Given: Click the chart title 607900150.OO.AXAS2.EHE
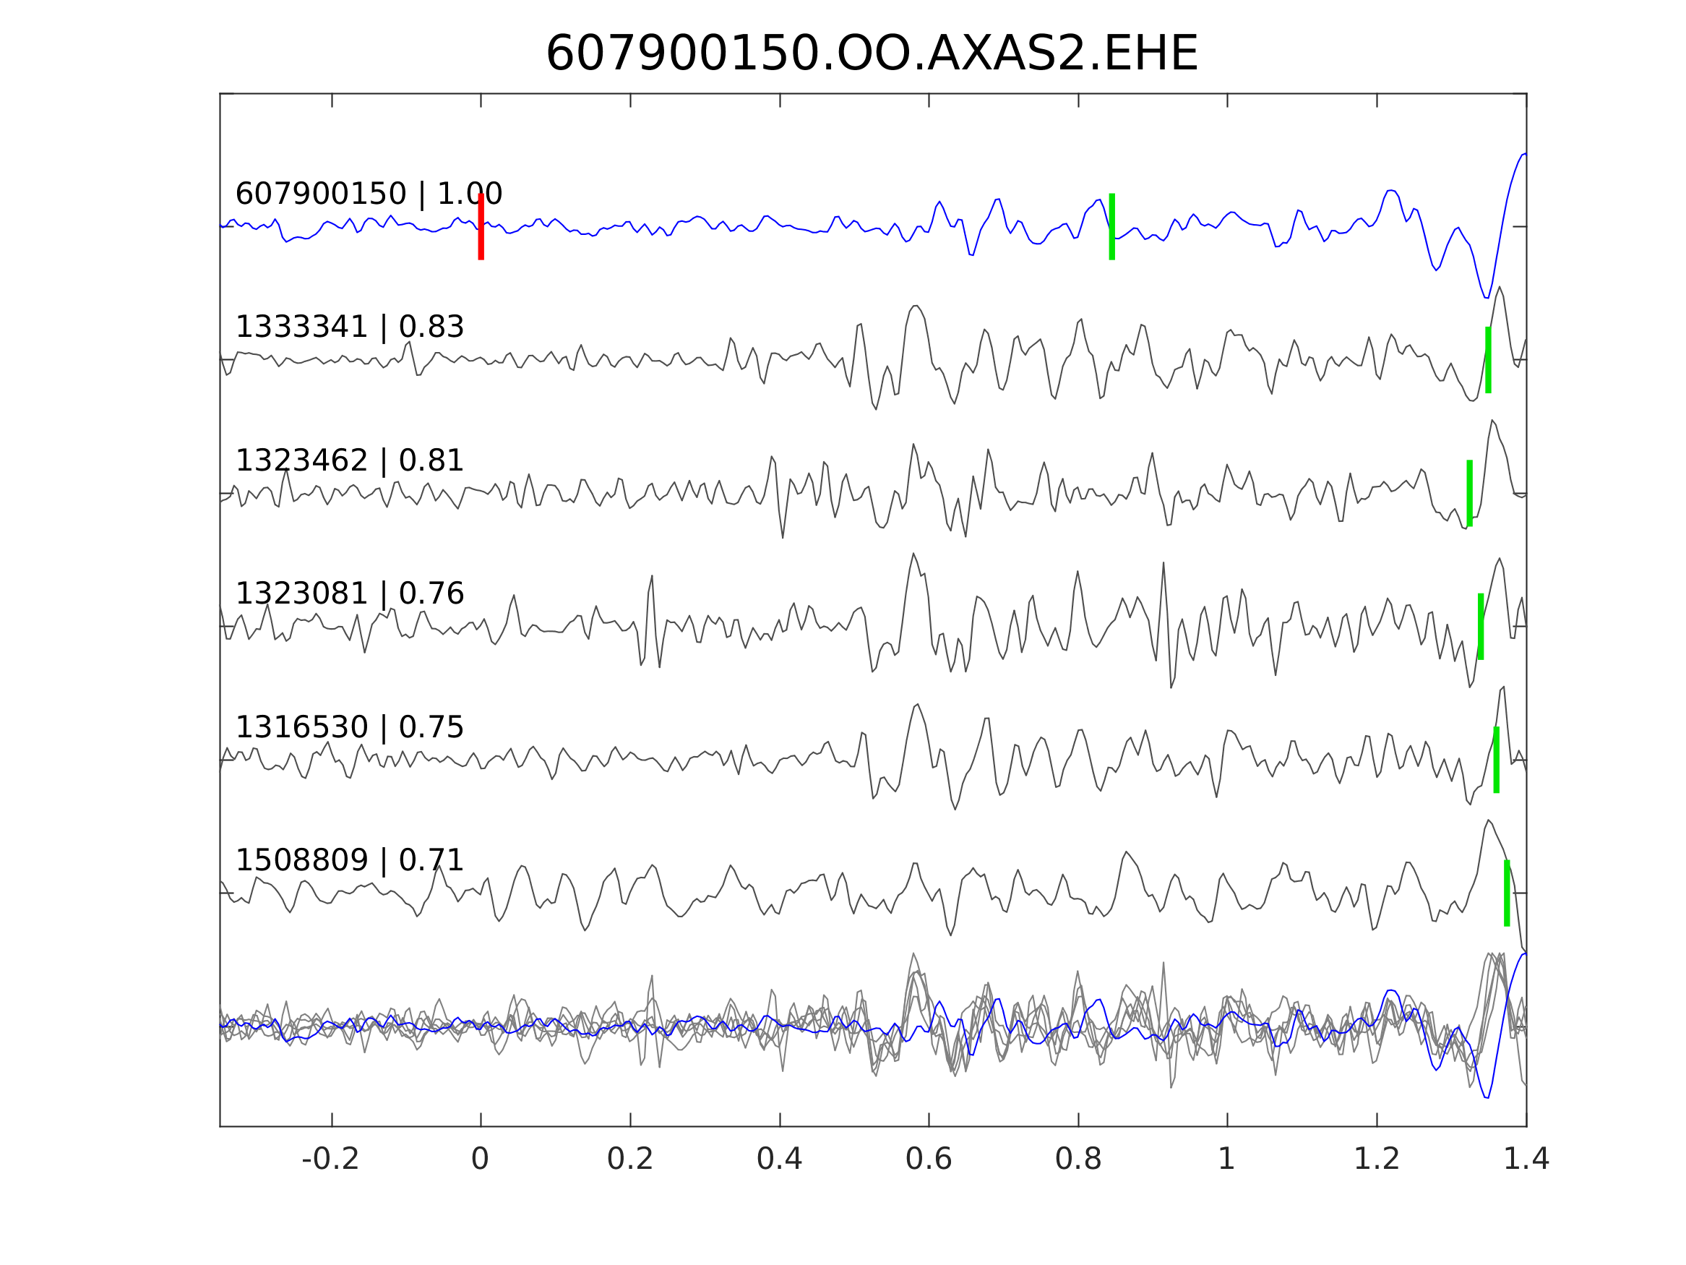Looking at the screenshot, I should [x=872, y=54].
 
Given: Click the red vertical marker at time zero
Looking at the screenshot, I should [x=481, y=227].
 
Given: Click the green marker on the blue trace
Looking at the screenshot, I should [x=1112, y=227].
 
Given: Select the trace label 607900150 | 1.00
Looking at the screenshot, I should [x=369, y=194].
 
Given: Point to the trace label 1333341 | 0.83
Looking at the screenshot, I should [x=349, y=327].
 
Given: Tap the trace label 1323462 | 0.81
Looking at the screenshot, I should [x=349, y=461].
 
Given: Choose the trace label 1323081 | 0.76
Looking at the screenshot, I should [x=349, y=594].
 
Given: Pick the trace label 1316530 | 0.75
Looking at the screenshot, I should [x=349, y=728].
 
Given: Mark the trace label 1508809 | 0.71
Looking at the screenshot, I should [x=349, y=861].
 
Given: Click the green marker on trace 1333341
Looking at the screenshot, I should [x=1488, y=360].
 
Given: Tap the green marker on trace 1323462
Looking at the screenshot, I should [x=1469, y=493].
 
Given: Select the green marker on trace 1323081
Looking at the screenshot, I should [x=1480, y=627].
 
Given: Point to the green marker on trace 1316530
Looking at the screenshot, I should [x=1496, y=760].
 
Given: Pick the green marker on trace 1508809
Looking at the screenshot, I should [x=1507, y=893].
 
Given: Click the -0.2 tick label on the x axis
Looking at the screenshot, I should [x=330, y=1159].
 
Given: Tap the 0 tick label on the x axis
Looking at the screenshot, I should [x=480, y=1159].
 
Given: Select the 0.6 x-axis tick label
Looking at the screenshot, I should [x=929, y=1159].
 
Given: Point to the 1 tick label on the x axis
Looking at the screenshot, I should [x=1226, y=1159].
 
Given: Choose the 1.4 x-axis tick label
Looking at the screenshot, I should [x=1526, y=1159].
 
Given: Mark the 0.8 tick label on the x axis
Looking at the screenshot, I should [x=1078, y=1159].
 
